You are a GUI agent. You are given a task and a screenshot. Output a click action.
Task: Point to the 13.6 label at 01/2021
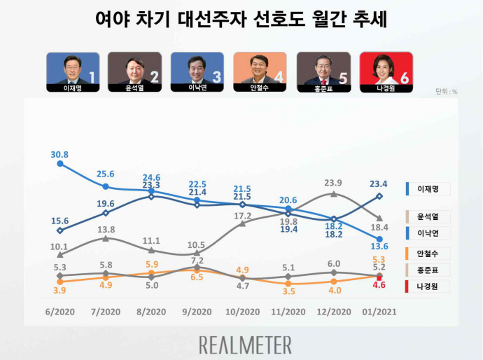click(x=379, y=246)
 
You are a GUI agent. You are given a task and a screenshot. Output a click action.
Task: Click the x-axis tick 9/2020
click(x=197, y=312)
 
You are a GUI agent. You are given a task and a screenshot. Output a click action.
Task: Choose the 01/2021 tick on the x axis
click(x=379, y=312)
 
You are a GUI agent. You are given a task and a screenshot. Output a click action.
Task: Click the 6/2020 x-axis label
click(x=60, y=312)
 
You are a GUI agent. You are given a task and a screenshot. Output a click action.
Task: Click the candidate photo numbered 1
click(x=73, y=69)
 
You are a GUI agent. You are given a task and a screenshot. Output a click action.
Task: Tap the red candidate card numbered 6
click(x=385, y=69)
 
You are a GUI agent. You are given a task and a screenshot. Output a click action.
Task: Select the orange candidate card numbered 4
click(x=260, y=69)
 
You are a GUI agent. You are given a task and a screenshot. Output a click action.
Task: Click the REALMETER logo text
click(x=245, y=345)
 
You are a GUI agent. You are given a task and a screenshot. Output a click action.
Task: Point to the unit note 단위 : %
click(x=446, y=91)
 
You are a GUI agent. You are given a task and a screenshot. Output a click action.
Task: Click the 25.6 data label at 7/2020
click(x=106, y=174)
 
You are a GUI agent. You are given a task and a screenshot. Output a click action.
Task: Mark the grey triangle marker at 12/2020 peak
click(x=334, y=193)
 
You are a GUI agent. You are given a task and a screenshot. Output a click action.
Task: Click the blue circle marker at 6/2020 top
click(x=60, y=163)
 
